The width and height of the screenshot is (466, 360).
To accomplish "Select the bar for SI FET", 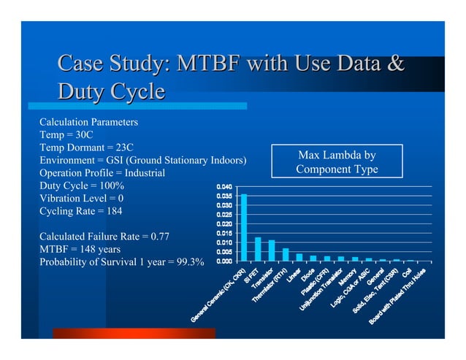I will click(x=258, y=249).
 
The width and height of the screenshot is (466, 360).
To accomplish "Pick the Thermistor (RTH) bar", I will click(x=285, y=255).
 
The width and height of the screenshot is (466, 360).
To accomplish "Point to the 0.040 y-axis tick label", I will click(x=224, y=188).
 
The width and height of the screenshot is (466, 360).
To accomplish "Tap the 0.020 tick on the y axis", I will click(x=224, y=224).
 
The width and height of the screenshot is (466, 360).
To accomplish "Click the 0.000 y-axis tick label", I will click(x=224, y=261).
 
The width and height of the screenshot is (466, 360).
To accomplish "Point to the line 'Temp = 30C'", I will click(x=66, y=134).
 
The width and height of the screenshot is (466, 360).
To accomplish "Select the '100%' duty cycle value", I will click(x=111, y=185).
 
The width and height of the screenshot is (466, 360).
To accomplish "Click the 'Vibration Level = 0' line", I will click(x=81, y=199).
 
